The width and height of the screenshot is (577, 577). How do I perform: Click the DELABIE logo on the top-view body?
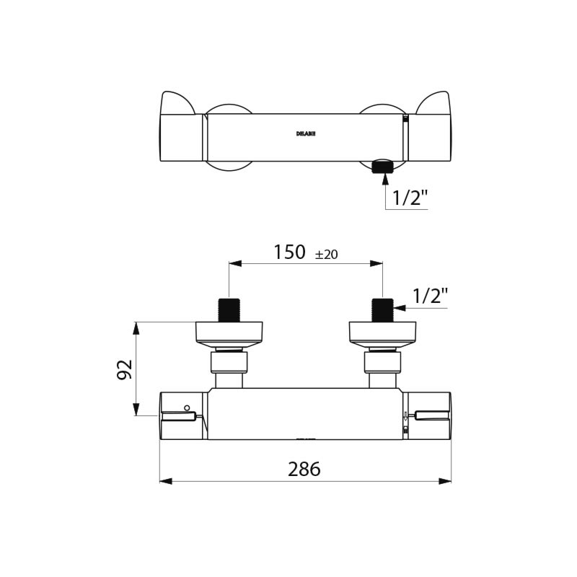(x=306, y=133)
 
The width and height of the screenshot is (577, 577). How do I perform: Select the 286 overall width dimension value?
(x=304, y=469)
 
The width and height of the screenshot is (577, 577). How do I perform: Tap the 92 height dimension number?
(x=125, y=369)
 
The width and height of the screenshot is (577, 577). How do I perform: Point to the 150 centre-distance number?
(x=289, y=252)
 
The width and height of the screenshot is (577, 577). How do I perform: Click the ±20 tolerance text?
(x=327, y=254)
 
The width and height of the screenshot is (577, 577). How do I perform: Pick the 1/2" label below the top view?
(x=410, y=197)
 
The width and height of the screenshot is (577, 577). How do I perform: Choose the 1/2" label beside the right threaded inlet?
(x=430, y=295)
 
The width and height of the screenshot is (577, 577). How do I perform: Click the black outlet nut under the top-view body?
(x=382, y=167)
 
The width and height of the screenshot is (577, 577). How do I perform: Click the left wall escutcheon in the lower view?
(x=229, y=332)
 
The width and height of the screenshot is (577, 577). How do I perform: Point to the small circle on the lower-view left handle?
(x=187, y=408)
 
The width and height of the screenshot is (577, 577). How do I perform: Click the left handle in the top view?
(x=179, y=130)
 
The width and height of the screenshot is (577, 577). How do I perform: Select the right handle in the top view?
(x=431, y=130)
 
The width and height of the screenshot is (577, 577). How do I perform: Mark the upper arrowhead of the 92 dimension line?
(x=136, y=327)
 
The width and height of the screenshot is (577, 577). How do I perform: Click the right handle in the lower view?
(x=429, y=415)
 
